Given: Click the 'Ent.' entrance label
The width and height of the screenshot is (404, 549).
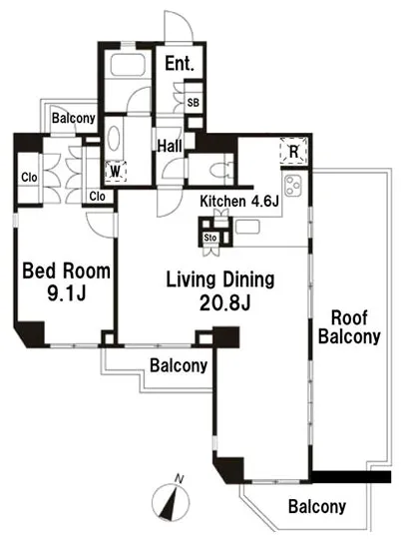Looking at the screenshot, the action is click(x=180, y=64).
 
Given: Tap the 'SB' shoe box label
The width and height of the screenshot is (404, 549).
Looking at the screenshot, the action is click(x=194, y=103).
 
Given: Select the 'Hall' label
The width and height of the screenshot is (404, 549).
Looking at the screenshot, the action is click(x=170, y=146).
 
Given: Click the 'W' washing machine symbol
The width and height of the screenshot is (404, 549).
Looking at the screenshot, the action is click(x=116, y=171).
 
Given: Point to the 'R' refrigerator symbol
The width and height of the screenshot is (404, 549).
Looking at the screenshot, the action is click(x=294, y=152).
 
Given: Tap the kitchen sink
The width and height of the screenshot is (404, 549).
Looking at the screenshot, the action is click(x=247, y=227).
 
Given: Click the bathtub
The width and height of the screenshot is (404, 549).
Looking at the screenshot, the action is click(x=128, y=65).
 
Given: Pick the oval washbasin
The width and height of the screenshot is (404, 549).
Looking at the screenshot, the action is click(x=115, y=139).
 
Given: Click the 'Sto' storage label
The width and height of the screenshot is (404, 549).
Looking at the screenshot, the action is click(x=210, y=238).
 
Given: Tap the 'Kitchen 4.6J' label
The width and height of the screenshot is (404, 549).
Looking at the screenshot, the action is click(x=239, y=202).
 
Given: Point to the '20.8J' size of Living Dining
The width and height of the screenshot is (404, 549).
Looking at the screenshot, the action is click(x=224, y=302).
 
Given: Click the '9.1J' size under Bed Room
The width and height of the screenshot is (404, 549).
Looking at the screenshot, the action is click(x=66, y=293).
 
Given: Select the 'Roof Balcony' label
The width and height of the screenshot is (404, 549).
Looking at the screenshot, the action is click(x=349, y=327).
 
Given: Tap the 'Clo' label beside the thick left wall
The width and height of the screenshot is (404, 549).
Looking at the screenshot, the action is click(x=29, y=178).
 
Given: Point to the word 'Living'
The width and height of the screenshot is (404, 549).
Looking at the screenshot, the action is click(x=191, y=280).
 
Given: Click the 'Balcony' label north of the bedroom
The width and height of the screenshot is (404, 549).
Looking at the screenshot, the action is click(x=74, y=118).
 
